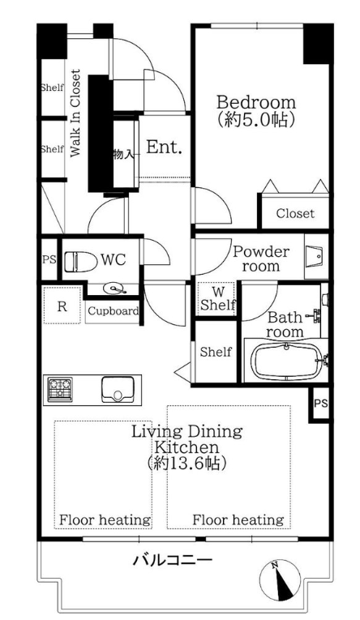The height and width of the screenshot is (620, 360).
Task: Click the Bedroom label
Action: (x=256, y=102)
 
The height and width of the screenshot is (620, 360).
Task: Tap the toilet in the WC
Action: (x=81, y=261)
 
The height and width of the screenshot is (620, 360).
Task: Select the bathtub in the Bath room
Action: (x=286, y=360)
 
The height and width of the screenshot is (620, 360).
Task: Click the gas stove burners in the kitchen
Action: (x=60, y=389)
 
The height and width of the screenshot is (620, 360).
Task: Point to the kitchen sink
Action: (x=118, y=389)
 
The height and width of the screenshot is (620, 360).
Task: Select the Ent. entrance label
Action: (x=164, y=148)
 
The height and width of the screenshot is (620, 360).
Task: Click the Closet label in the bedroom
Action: (x=295, y=213)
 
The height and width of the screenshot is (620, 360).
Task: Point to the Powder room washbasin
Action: (x=316, y=255)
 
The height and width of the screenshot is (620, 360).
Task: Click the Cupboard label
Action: (x=114, y=311)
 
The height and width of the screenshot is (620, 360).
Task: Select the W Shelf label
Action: (x=218, y=299)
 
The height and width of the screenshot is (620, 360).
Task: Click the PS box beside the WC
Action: (x=49, y=260)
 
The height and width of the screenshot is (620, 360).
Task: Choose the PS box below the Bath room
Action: (x=321, y=404)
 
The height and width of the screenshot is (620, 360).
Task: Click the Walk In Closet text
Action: (x=75, y=113)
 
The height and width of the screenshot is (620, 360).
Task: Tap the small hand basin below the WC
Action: (x=114, y=289)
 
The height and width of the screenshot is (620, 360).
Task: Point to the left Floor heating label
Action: (x=105, y=520)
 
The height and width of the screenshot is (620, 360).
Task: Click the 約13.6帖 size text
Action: (x=186, y=463)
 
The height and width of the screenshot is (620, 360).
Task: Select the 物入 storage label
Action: (x=122, y=154)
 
